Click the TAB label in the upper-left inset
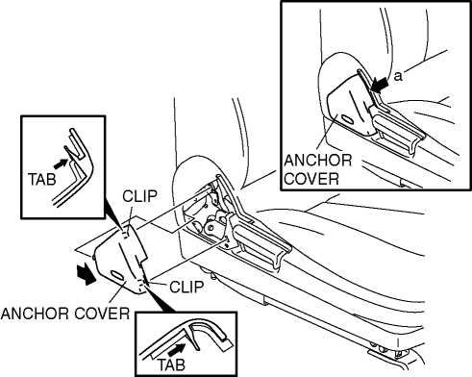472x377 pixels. point(42,179)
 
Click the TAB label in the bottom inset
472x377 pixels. point(171,364)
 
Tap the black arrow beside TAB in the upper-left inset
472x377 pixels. point(61,163)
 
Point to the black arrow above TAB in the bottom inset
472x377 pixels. point(177,349)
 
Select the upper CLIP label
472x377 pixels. point(139,196)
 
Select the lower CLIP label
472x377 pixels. point(186,287)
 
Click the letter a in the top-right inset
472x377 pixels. point(398,76)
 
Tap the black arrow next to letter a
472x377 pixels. point(380,85)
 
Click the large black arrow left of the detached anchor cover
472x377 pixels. point(86,273)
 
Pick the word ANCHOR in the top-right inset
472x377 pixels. point(318,160)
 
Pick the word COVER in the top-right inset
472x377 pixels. point(311,179)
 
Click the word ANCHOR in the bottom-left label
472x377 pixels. point(37,314)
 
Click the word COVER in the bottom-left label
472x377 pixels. point(102,314)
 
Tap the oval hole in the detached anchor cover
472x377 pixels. point(116,275)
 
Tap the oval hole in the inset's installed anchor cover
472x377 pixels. point(348,119)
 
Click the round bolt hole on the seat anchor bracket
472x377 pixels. point(211,227)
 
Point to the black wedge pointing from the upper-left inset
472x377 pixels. point(113,216)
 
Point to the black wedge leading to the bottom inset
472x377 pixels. point(159,298)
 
